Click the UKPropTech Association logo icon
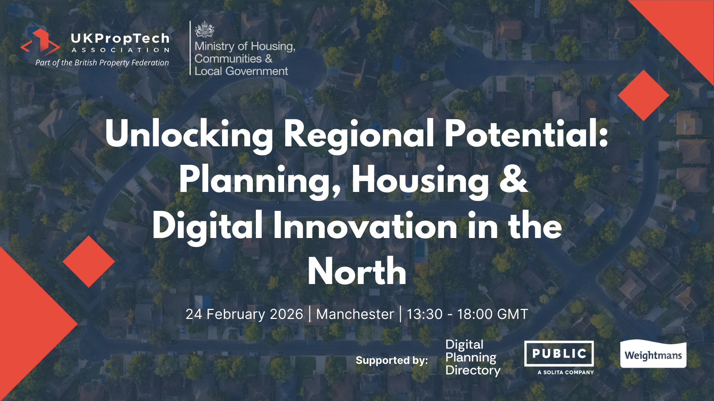point(40,42)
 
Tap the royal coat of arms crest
point(205,29)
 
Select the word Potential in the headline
point(526,134)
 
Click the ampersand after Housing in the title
point(514,179)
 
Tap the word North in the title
point(357,271)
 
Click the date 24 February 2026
point(244,314)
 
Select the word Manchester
point(355,314)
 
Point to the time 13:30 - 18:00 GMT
point(467,314)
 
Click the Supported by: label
point(392,360)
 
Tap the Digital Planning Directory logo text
point(473,358)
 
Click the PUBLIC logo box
point(559,353)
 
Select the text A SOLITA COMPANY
point(566,372)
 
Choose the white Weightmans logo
point(653,354)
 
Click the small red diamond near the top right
point(644,95)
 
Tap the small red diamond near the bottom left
point(89,261)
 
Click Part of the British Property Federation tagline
point(102,63)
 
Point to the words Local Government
point(241,71)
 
